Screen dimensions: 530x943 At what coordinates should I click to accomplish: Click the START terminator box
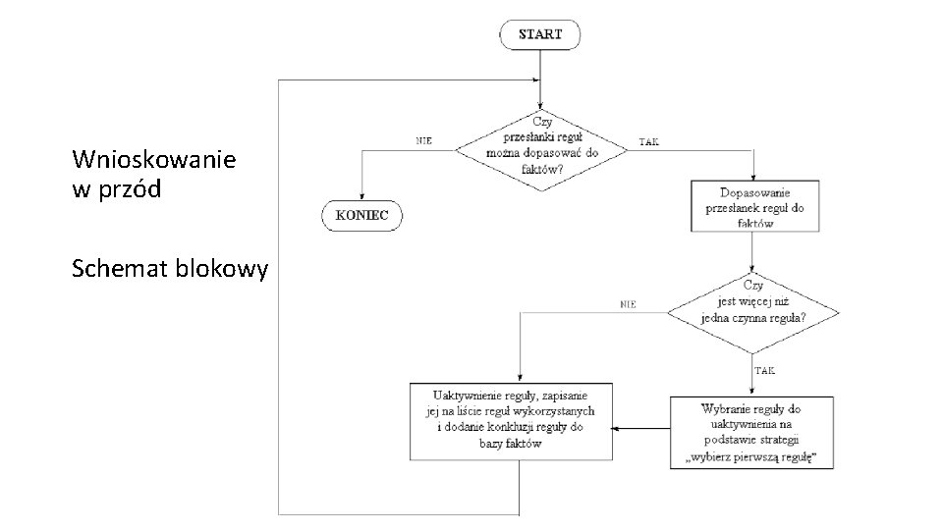[x=540, y=34]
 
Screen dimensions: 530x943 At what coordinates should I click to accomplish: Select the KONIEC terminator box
[x=361, y=215]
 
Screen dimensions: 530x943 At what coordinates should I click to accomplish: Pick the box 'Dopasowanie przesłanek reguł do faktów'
[x=754, y=207]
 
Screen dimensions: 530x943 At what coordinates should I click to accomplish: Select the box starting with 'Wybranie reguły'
[x=752, y=433]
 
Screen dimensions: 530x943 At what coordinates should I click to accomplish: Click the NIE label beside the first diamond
[x=424, y=141]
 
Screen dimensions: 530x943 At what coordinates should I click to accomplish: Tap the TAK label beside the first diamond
[x=649, y=142]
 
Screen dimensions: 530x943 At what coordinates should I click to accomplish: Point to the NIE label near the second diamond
[x=628, y=304]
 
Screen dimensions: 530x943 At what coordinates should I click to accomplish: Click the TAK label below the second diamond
[x=765, y=371]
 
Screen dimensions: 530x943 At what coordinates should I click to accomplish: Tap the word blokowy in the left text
[x=220, y=269]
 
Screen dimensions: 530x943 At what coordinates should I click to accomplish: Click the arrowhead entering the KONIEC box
[x=361, y=195]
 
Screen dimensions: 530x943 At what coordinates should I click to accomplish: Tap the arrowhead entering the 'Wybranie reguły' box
[x=752, y=391]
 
